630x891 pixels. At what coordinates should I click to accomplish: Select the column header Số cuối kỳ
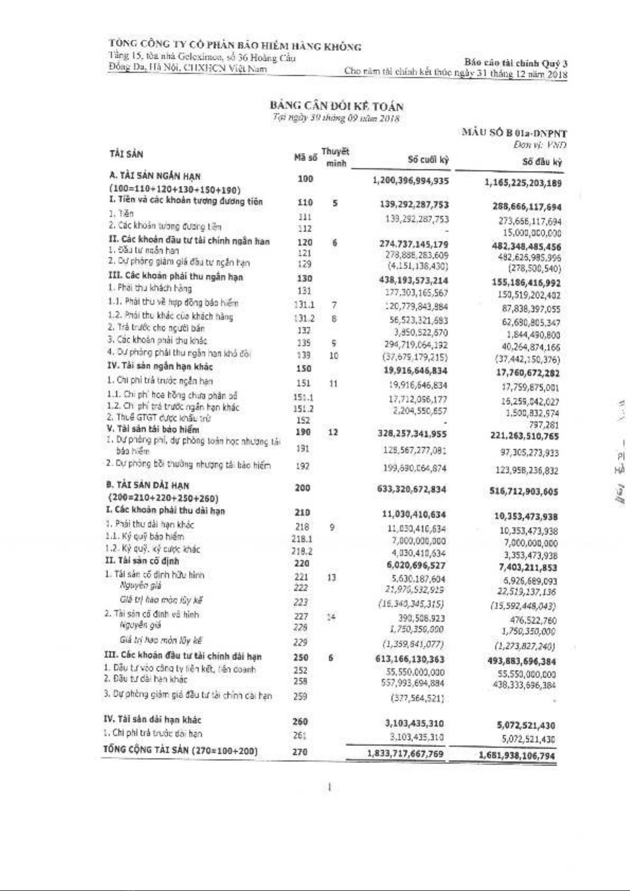click(428, 159)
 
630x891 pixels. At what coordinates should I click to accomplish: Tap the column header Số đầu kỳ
click(542, 162)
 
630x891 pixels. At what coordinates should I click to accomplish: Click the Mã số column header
click(305, 157)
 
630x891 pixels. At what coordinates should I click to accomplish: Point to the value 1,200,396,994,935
click(410, 181)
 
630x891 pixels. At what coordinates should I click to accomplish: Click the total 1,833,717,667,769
click(405, 753)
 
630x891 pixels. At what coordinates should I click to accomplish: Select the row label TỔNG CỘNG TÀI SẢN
click(180, 750)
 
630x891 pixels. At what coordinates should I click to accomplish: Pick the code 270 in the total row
click(299, 752)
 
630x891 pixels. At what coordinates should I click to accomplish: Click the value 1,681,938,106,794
click(517, 755)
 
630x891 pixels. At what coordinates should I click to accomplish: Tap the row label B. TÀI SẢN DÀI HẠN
click(149, 485)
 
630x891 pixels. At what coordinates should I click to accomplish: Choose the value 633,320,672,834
click(412, 489)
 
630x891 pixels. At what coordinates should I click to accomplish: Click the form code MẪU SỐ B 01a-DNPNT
click(514, 133)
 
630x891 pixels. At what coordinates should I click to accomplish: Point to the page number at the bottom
click(330, 788)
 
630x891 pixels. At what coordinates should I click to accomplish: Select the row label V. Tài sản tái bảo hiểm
click(153, 429)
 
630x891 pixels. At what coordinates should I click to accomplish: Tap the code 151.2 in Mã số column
click(303, 409)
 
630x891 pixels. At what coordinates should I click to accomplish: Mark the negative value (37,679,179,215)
click(415, 357)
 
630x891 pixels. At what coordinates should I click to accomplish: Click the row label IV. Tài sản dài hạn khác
click(152, 719)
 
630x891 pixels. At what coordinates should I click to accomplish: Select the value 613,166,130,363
click(410, 659)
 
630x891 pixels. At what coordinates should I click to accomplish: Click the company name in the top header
click(235, 46)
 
